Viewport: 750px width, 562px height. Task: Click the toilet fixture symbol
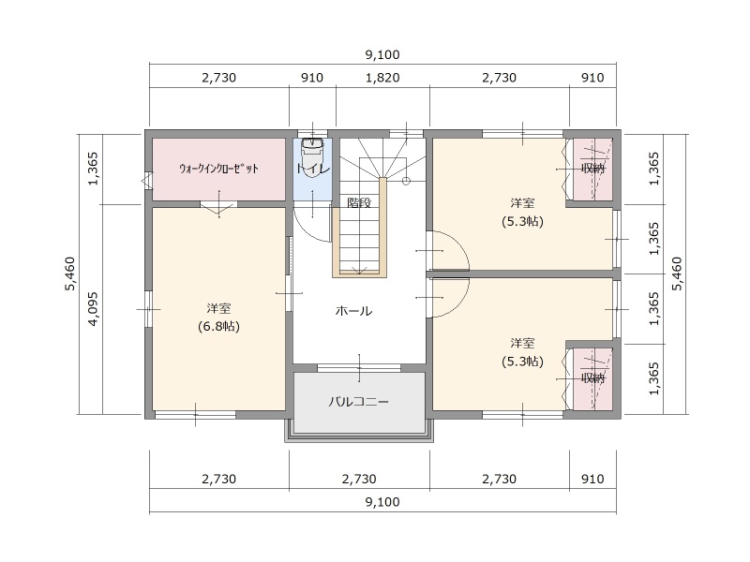311,156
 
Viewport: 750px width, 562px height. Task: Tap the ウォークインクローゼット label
218,169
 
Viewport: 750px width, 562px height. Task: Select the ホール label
353,311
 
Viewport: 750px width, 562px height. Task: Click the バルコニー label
358,402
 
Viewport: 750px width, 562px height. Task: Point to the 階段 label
359,202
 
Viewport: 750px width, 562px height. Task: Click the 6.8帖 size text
218,326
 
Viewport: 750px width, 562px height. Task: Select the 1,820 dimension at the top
382,78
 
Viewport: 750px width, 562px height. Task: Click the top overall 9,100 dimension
382,54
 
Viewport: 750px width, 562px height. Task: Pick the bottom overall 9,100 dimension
382,502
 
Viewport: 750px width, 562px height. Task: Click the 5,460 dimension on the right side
677,274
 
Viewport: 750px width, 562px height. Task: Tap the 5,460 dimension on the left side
69,274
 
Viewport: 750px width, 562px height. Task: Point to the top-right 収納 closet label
593,169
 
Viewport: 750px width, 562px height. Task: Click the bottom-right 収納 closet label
593,378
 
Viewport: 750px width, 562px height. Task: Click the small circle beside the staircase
406,181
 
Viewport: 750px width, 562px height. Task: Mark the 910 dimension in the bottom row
592,479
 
